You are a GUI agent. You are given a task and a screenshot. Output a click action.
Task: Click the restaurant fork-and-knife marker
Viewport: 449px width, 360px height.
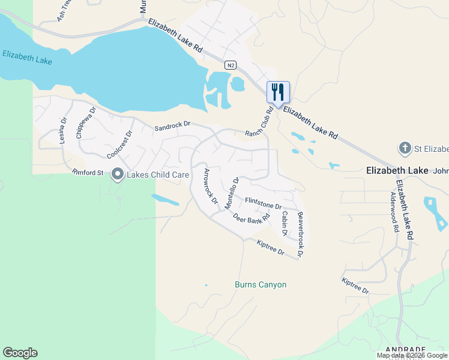[x=278, y=92]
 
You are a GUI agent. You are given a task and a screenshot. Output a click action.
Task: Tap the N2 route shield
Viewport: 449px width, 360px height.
[x=230, y=65]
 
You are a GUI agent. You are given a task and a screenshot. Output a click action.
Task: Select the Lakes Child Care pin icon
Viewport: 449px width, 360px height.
[x=116, y=175]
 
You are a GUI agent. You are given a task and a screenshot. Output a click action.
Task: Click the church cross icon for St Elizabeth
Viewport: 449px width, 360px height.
[x=406, y=148]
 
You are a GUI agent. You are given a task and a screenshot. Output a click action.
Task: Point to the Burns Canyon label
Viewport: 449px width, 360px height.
[x=261, y=284]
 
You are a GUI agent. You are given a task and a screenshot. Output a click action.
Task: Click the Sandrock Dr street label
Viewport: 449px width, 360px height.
[x=172, y=127]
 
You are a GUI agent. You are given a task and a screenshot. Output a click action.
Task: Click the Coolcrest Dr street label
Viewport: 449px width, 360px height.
[x=119, y=145]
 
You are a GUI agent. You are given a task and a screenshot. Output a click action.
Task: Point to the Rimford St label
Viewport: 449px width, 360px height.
[x=88, y=173]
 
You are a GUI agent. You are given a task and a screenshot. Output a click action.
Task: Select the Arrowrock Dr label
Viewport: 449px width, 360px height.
[x=210, y=186]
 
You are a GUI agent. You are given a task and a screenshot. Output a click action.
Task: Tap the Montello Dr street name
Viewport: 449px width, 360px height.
[x=232, y=193]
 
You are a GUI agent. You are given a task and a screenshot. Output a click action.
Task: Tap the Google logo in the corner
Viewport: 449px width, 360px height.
[x=20, y=353]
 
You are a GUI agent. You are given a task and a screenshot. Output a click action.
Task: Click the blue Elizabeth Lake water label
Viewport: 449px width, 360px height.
[x=27, y=58]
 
